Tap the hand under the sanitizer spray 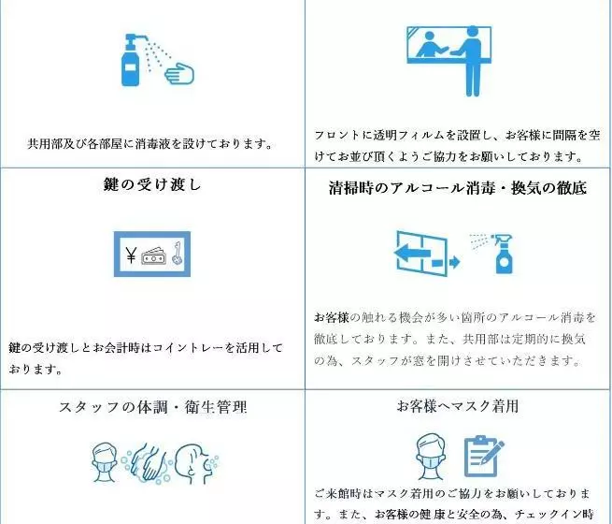click(x=179, y=73)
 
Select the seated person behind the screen click(x=430, y=45)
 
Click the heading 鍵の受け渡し click(x=152, y=184)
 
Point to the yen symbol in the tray click(x=131, y=255)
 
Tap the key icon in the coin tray click(x=178, y=254)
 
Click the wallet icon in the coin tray click(x=154, y=256)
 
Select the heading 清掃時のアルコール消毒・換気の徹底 click(x=458, y=188)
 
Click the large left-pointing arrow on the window click(x=412, y=253)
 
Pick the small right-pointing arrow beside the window click(x=446, y=261)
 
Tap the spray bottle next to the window click(x=501, y=254)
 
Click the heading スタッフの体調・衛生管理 click(x=153, y=407)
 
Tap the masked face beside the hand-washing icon click(x=105, y=462)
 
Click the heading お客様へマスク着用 click(x=458, y=406)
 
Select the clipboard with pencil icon click(x=484, y=456)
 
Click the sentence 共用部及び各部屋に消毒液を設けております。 click(x=150, y=144)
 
